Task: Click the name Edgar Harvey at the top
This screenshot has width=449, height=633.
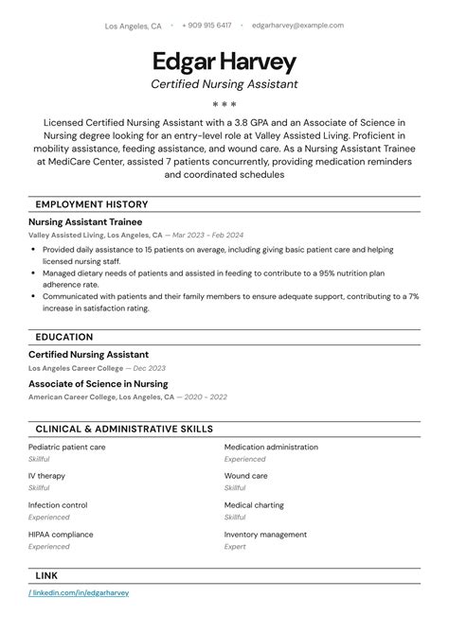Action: [224, 62]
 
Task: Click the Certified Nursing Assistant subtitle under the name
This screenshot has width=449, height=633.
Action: [224, 84]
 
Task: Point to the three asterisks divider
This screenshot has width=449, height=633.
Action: [224, 104]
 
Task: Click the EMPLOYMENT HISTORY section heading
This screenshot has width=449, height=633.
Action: [91, 204]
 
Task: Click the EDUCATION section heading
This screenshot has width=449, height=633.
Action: [63, 337]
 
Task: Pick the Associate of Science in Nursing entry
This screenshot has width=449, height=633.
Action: [98, 384]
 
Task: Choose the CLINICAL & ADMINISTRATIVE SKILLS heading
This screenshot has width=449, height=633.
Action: [124, 429]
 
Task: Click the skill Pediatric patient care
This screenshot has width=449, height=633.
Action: [66, 447]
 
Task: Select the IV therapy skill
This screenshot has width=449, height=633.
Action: [46, 476]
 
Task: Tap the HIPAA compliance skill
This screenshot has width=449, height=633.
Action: [63, 535]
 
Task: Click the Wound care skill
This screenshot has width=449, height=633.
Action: [245, 476]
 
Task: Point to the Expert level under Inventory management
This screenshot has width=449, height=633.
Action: [235, 546]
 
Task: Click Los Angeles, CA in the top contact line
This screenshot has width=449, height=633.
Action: [133, 26]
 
